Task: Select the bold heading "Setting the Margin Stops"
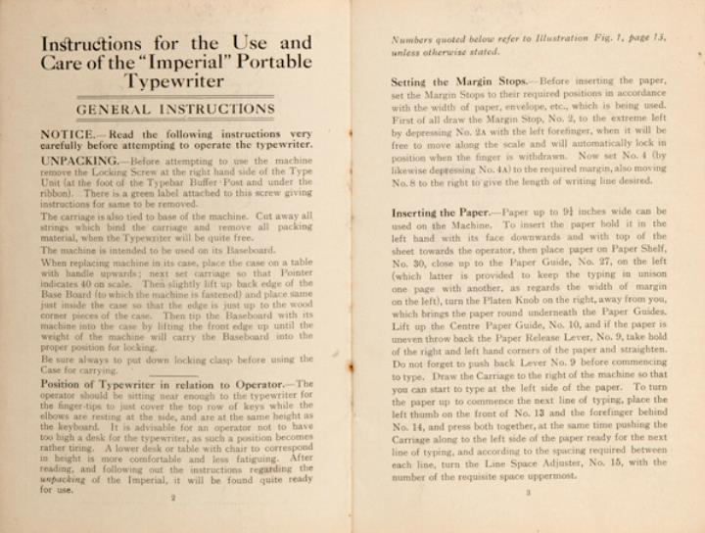click(452, 81)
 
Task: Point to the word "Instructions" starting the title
click(87, 43)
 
